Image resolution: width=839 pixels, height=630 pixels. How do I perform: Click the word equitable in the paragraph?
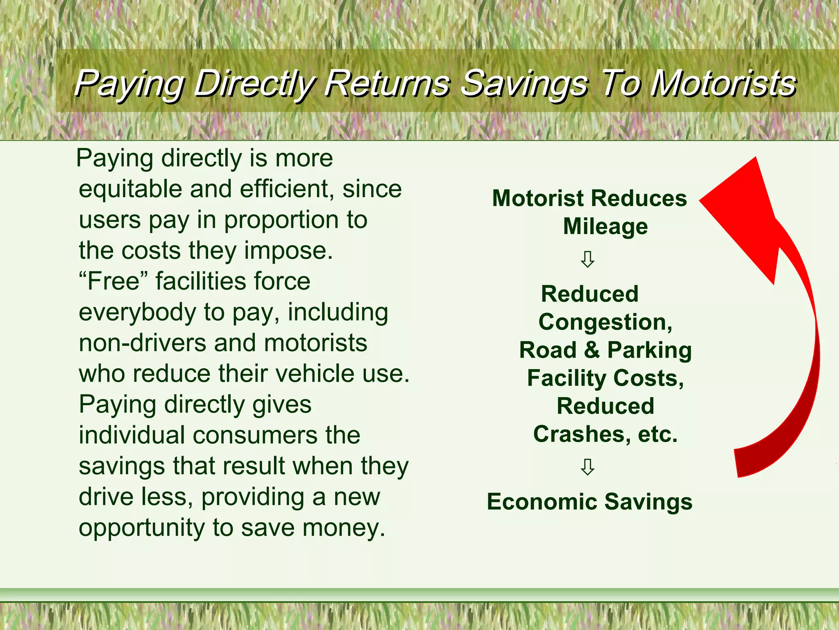coord(130,189)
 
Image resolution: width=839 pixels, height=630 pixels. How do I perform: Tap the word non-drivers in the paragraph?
coord(142,343)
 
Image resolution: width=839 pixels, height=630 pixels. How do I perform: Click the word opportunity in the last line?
coord(141,528)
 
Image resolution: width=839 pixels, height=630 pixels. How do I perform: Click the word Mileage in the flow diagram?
coord(605,226)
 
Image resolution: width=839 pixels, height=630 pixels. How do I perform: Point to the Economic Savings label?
coord(589,502)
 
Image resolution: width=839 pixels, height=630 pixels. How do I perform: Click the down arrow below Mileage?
coord(587,259)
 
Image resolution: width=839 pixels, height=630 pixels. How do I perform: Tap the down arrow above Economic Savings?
coord(587,467)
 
